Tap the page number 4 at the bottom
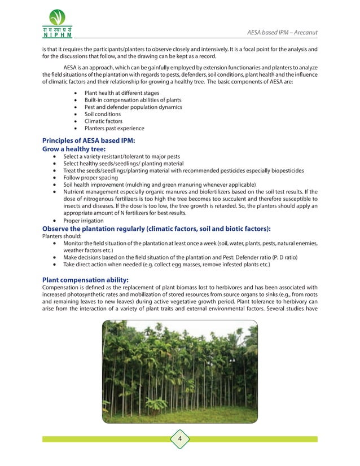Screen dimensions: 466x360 (179, 439)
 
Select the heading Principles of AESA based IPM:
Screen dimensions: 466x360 (89, 140)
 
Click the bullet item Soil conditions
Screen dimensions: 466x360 (102, 114)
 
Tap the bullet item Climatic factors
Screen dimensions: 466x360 (103, 121)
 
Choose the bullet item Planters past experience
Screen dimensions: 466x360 (114, 129)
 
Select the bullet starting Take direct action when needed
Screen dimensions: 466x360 (166, 265)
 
